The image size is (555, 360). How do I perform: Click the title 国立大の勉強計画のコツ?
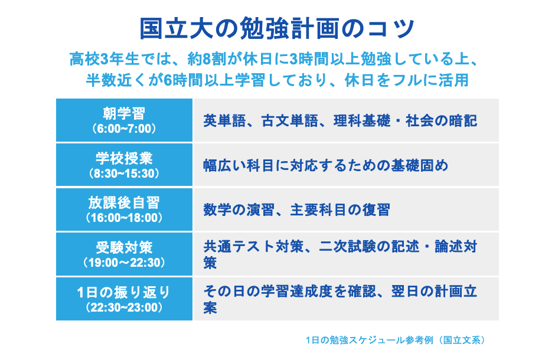click(x=277, y=28)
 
